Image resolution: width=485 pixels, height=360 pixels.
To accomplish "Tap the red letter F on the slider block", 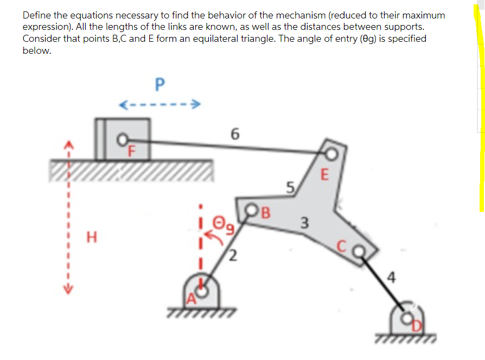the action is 130,151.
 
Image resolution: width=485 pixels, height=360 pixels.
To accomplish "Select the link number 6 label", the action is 234,133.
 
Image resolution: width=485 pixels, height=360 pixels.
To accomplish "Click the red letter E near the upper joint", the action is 325,175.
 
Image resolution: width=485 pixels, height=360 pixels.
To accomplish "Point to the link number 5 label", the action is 291,189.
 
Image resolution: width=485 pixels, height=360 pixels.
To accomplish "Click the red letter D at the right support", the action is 416,324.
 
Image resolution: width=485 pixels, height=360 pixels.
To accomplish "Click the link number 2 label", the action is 232,255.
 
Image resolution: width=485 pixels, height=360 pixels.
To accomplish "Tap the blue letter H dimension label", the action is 93,237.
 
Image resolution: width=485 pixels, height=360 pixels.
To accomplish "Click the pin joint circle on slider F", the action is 124,139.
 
